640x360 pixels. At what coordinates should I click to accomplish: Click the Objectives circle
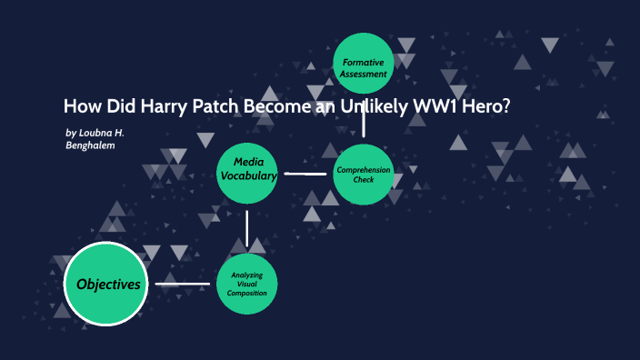[108, 285]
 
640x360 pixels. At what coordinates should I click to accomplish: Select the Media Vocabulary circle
[247, 169]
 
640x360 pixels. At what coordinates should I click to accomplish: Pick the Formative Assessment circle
[364, 66]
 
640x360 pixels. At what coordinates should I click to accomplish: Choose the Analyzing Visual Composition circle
[247, 285]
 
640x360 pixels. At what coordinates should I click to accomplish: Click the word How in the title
[80, 105]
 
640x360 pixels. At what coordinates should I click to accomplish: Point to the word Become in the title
[287, 105]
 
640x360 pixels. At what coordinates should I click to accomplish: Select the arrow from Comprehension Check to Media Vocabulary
[305, 173]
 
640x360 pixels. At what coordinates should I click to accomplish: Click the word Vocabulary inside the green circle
[247, 176]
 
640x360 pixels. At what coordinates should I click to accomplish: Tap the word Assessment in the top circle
[364, 73]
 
